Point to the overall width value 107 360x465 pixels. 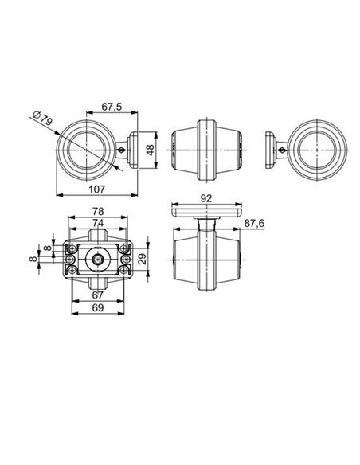[x=94, y=188]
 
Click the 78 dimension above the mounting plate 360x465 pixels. [x=98, y=212]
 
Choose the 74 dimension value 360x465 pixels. [x=98, y=223]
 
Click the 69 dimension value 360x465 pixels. [x=97, y=307]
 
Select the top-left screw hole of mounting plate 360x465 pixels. [x=72, y=249]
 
